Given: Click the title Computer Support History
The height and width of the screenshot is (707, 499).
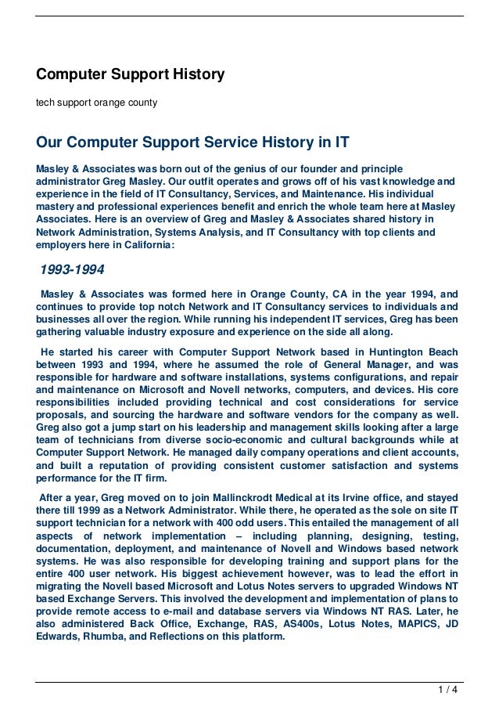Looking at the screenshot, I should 131,75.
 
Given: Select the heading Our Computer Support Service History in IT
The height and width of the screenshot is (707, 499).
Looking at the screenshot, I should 192,143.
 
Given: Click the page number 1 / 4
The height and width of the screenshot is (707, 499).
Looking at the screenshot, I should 448,690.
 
